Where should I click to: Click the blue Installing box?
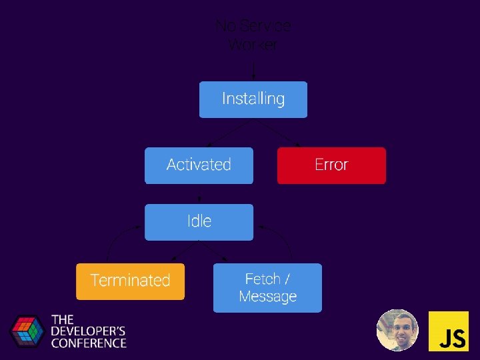253,99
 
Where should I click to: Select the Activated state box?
199,165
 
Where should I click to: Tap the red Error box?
331,165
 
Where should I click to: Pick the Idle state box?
199,222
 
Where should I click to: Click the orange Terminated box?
130,281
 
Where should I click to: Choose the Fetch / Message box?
267,287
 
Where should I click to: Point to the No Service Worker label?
253,35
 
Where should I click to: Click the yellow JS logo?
448,331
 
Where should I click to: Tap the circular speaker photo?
397,330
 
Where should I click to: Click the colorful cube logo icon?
26,331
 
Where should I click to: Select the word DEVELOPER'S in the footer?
89,331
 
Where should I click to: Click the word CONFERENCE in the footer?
89,343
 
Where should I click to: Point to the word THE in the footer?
63,319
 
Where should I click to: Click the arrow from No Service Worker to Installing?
253,70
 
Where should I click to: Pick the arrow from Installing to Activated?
226,133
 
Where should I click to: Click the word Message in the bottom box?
267,296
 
